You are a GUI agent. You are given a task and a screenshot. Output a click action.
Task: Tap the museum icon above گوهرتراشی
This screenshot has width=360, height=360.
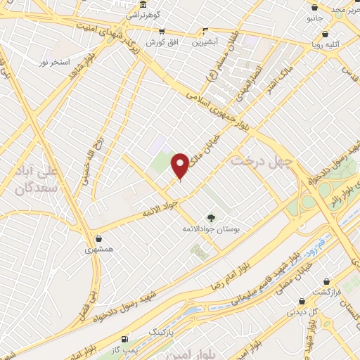coord(143,5)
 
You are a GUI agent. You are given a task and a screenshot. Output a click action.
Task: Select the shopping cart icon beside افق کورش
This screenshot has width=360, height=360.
coord(162,32)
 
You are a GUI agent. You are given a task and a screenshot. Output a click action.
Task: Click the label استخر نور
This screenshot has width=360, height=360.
coord(53,63)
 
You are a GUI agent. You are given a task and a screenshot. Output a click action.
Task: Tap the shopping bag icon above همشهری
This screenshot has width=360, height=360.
coord(100,239)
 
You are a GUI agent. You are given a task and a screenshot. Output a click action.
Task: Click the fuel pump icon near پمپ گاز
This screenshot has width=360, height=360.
coord(126,338)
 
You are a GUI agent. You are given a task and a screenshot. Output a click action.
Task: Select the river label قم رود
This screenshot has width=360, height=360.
coord(320,242)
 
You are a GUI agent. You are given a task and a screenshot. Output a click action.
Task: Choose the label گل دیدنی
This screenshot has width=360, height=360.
coord(305,310)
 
